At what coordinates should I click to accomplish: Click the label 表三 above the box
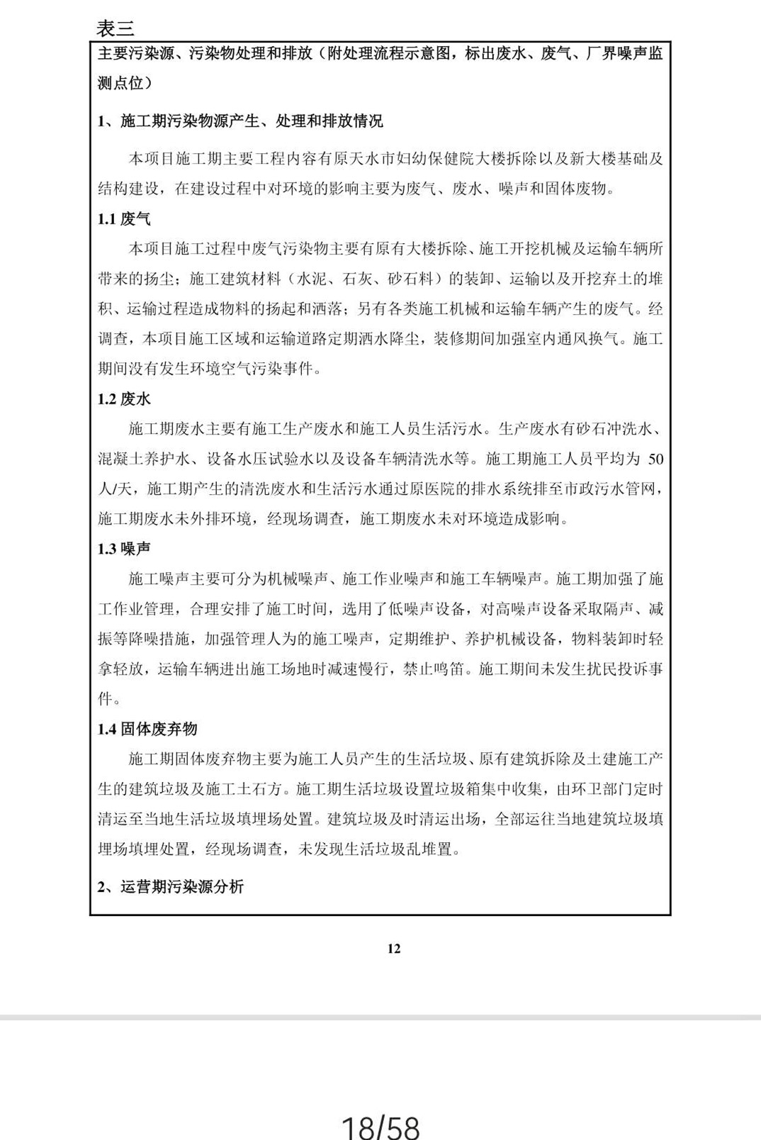pyautogui.click(x=115, y=28)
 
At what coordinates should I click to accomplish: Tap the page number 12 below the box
pyautogui.click(x=394, y=949)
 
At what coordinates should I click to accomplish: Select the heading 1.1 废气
pyautogui.click(x=124, y=219)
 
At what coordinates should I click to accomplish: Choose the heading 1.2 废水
pyautogui.click(x=124, y=399)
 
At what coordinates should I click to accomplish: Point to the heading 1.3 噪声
pyautogui.click(x=124, y=549)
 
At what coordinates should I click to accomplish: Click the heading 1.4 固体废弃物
pyautogui.click(x=147, y=729)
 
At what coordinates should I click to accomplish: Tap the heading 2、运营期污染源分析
pyautogui.click(x=171, y=886)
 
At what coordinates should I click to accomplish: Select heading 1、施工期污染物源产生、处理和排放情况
pyautogui.click(x=240, y=121)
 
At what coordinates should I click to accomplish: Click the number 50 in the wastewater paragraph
pyautogui.click(x=655, y=459)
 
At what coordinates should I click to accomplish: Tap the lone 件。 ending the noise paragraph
pyautogui.click(x=109, y=699)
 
